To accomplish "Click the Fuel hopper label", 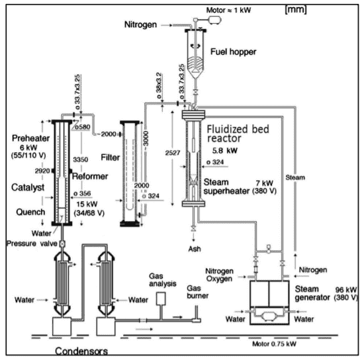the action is point(234,52).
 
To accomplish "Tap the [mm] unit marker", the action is point(296,9).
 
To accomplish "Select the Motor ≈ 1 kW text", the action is point(228,10).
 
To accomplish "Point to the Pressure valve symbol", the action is point(62,244).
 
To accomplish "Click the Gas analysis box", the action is point(161,298).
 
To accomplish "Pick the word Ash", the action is point(195,249).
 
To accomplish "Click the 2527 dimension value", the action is point(173,153).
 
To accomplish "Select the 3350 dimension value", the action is point(81,159).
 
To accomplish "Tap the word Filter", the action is point(111,157).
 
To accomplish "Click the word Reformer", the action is point(90,177).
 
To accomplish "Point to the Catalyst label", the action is point(28,187).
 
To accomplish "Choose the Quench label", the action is point(30,212).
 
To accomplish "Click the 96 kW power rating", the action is point(346,290).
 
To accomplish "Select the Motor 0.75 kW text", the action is point(274,343).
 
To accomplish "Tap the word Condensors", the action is point(81,351).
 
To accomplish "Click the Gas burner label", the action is point(198,292).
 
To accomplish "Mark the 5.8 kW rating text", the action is point(225,151).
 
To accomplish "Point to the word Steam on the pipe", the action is point(295,177).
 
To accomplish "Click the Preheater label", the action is point(30,138).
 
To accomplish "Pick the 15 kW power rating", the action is point(87,204).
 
